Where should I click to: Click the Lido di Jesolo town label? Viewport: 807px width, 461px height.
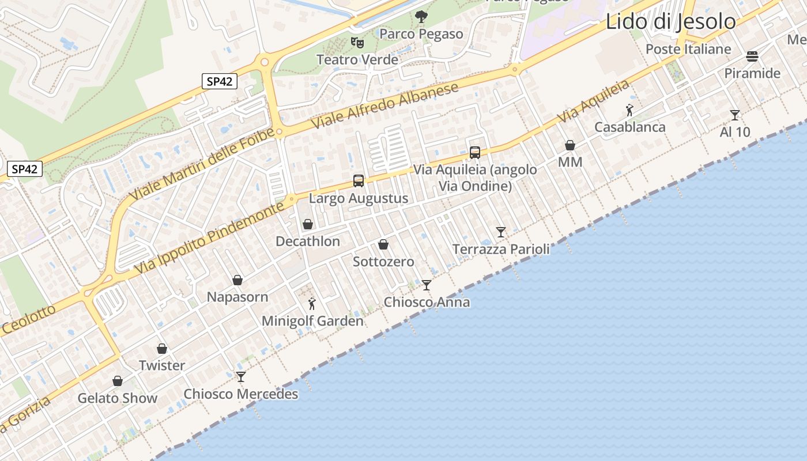coord(670,22)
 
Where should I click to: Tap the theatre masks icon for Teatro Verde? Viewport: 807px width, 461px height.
coord(357,42)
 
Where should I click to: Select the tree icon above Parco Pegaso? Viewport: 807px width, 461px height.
coord(421,17)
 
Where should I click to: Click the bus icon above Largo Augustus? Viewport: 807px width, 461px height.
coord(359,181)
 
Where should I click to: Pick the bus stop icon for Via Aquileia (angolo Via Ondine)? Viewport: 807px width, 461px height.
coord(475,152)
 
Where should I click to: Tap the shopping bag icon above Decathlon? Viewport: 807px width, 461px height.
coord(308,224)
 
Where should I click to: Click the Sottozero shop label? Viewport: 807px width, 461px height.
coord(383,262)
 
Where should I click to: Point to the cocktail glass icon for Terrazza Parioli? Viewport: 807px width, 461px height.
coord(501,232)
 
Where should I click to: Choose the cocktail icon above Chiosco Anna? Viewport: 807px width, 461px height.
coord(427,285)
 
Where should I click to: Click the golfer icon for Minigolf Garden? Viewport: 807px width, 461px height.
coord(312,304)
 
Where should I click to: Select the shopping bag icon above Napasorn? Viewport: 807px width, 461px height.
coord(237,280)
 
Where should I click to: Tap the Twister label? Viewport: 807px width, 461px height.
coord(162,365)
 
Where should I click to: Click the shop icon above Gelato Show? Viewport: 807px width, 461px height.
coord(118,381)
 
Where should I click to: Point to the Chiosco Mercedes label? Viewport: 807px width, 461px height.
coord(241,394)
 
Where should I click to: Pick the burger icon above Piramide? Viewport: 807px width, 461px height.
coord(752,56)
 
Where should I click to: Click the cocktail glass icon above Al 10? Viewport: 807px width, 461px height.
coord(735,115)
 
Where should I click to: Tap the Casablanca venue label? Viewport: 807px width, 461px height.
coord(630,127)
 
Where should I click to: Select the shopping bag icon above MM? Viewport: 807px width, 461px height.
coord(570,145)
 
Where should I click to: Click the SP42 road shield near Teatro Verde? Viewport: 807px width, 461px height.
coord(220,81)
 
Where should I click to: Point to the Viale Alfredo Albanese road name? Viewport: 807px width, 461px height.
coord(385,105)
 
